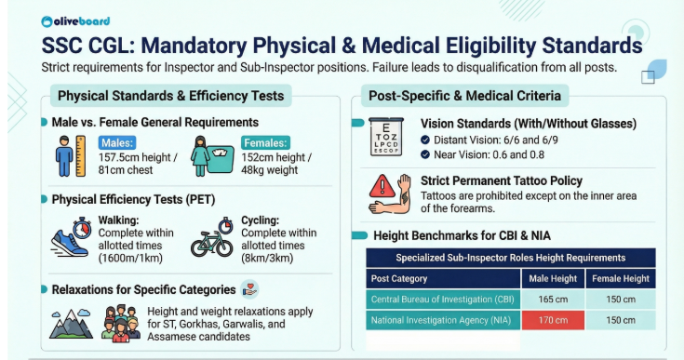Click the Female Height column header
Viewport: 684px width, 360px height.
tap(622, 278)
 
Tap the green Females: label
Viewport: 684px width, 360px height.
tap(263, 142)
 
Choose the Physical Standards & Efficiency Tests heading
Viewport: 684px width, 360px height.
tap(170, 96)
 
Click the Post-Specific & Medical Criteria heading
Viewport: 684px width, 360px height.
tap(464, 96)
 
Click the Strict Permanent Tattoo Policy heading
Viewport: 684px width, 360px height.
tap(502, 180)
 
